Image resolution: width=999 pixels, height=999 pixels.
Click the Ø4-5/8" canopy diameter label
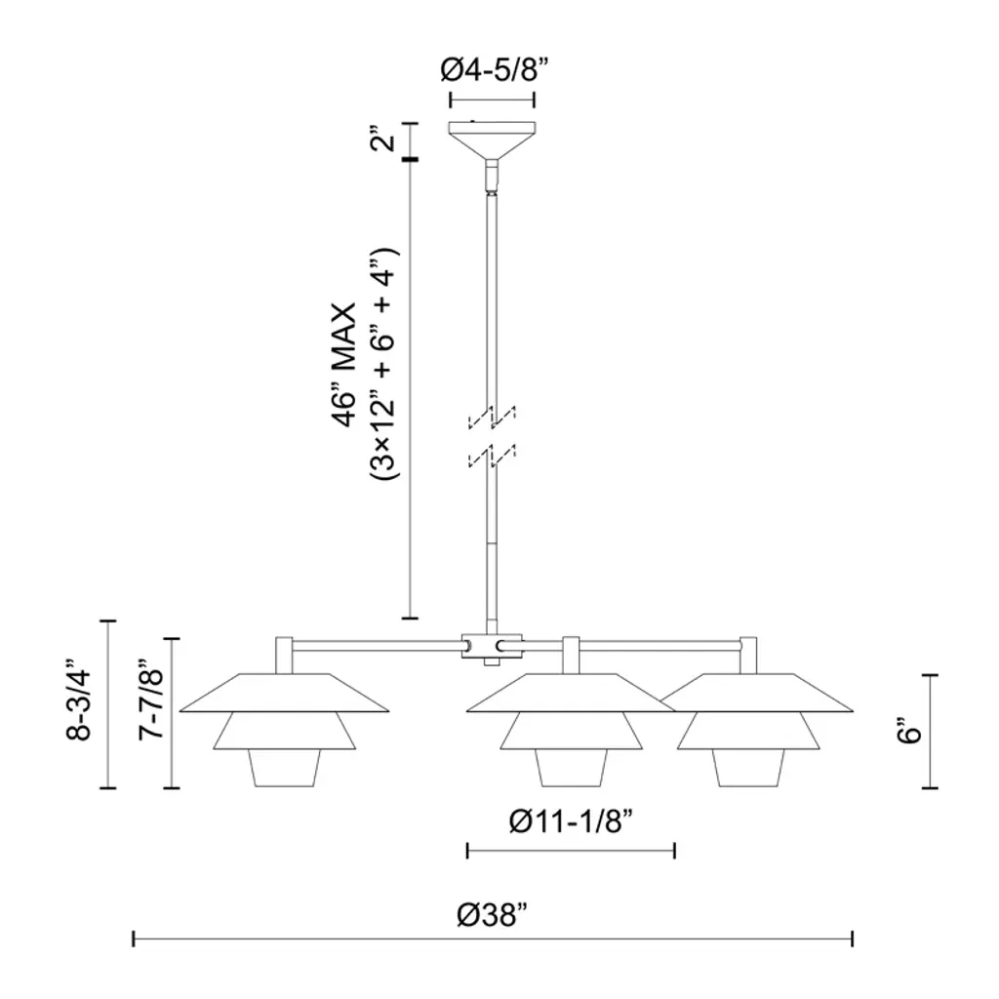495,70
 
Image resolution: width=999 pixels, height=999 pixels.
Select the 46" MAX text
344,365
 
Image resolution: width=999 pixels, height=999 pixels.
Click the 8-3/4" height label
79,704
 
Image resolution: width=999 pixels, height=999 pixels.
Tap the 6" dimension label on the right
908,730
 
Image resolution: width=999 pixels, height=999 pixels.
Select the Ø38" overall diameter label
493,915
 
